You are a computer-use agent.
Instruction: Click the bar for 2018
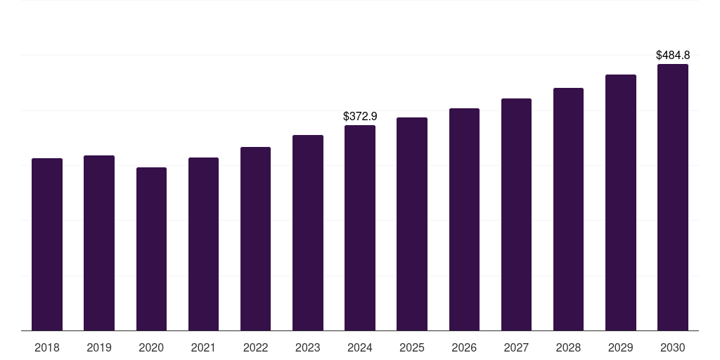click(x=47, y=245)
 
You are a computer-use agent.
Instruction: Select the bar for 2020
click(x=151, y=249)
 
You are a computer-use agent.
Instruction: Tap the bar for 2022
click(x=255, y=239)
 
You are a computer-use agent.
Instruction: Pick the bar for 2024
click(x=360, y=228)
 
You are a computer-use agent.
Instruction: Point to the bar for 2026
click(x=464, y=219)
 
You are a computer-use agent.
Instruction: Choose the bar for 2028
click(x=568, y=210)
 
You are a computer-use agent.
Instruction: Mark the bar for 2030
click(x=672, y=198)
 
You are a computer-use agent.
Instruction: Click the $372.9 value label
click(x=360, y=116)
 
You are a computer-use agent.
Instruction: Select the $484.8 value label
click(x=673, y=55)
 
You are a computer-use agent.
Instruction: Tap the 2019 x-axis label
click(x=99, y=348)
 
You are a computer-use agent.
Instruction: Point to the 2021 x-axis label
click(x=203, y=348)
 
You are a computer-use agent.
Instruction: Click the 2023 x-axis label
click(x=307, y=348)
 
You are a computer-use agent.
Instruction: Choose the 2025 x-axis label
click(x=412, y=348)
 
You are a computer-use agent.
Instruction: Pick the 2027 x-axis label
click(x=516, y=348)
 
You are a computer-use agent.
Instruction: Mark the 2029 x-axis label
click(x=620, y=348)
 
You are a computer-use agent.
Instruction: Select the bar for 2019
click(x=99, y=243)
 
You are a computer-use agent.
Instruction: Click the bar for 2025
click(x=412, y=224)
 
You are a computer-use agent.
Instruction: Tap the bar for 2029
click(x=620, y=202)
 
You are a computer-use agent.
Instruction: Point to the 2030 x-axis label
click(x=672, y=348)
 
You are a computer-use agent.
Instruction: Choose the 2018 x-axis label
click(x=47, y=348)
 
